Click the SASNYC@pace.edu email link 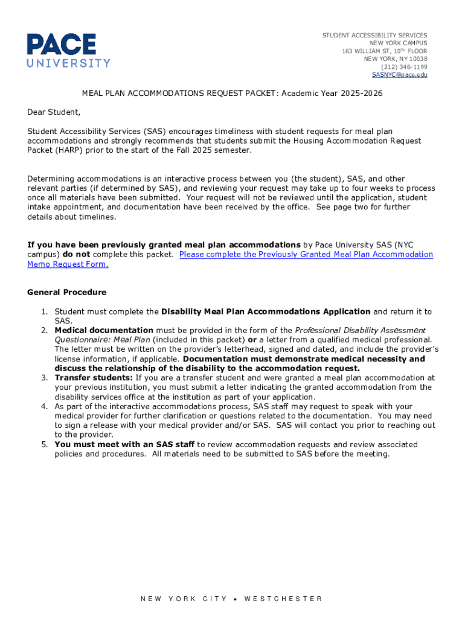399,75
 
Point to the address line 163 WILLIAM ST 384,51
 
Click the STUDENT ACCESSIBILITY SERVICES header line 374,36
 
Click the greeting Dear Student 54,112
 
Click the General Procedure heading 66,292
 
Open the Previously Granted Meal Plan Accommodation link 306,254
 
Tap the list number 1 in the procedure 43,311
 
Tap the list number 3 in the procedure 43,378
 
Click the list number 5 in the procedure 43,444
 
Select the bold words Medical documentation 104,330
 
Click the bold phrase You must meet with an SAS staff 124,444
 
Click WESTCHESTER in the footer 283,599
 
